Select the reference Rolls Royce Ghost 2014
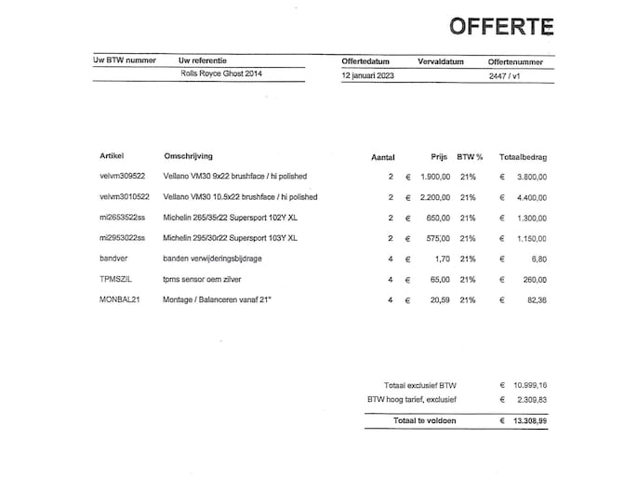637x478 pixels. (x=220, y=73)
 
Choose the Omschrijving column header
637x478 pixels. (x=191, y=155)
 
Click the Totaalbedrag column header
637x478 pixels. (x=523, y=156)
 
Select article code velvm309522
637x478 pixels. (x=124, y=176)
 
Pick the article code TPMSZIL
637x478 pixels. (x=117, y=279)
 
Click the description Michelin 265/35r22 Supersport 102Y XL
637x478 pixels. (x=230, y=218)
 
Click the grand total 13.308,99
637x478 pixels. (x=528, y=420)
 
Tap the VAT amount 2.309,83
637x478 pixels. (x=530, y=400)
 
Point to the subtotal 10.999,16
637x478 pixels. (x=528, y=384)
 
